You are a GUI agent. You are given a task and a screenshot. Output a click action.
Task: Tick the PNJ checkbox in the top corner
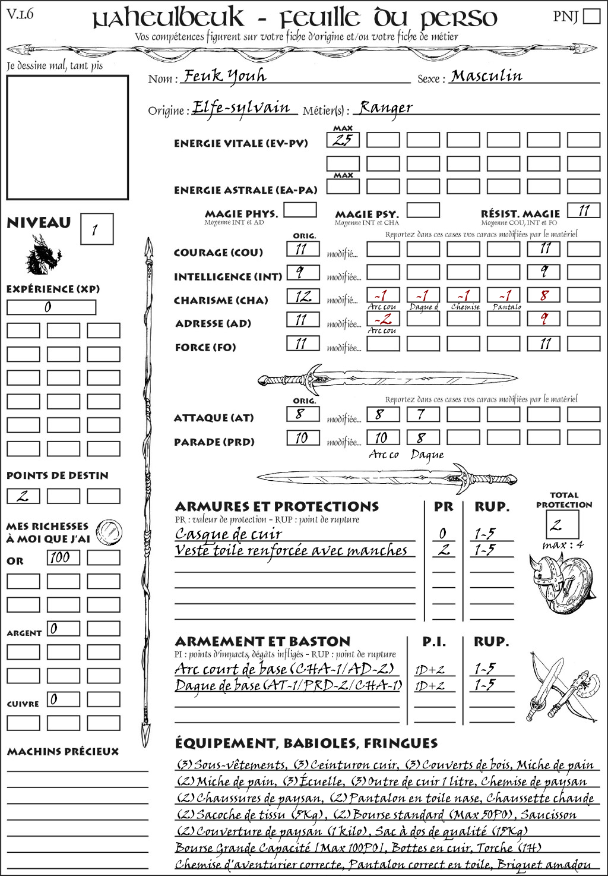(x=591, y=16)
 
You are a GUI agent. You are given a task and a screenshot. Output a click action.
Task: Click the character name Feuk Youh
(x=224, y=76)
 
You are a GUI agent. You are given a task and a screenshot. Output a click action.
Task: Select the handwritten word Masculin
(x=486, y=76)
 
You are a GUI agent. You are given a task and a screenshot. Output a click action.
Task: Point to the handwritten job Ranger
(x=385, y=108)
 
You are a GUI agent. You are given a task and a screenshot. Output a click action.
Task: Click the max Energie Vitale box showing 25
(x=343, y=140)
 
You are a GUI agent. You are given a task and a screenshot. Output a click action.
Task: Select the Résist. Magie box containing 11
(x=583, y=210)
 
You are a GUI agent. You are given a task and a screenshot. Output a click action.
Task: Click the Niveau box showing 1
(x=97, y=229)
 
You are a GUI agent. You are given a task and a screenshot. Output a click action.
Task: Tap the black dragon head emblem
(x=43, y=256)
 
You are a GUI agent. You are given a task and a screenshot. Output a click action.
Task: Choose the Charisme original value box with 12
(x=303, y=296)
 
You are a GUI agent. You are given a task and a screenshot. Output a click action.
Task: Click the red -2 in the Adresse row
(x=382, y=319)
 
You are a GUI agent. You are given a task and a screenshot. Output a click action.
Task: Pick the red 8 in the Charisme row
(x=543, y=295)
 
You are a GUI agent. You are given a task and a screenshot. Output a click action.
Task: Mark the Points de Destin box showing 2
(x=23, y=496)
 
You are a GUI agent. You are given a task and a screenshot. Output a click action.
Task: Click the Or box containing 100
(x=63, y=557)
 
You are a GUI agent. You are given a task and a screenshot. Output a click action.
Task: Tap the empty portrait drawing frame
(x=67, y=137)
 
